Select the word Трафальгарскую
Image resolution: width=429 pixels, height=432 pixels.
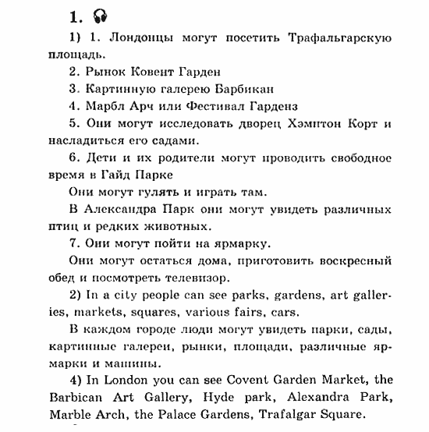pos(339,37)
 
